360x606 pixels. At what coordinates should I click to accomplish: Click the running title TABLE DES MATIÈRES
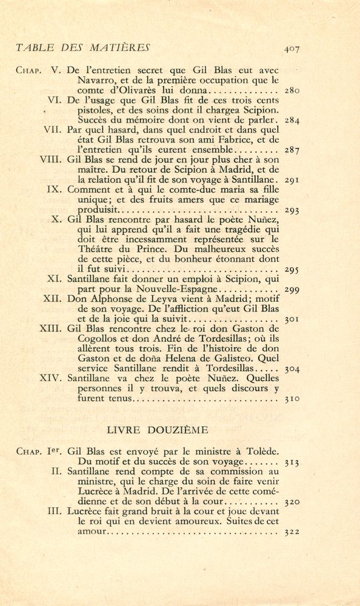coord(83,47)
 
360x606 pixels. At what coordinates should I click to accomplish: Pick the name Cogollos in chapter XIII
coord(98,338)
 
